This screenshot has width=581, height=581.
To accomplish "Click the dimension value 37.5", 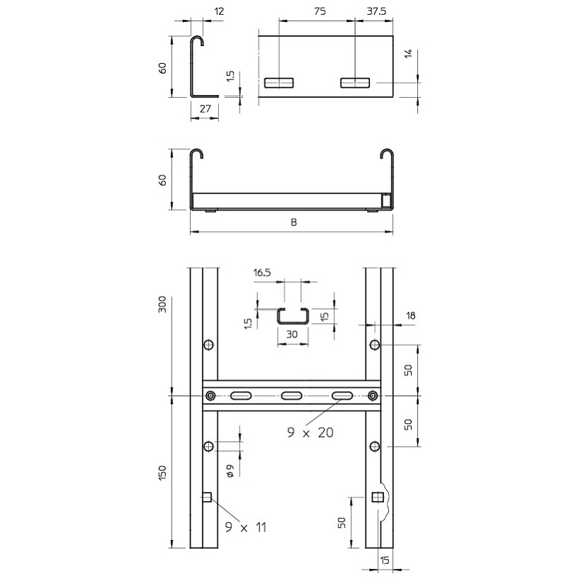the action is (376, 11).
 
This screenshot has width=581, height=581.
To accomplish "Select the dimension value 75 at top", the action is (320, 11).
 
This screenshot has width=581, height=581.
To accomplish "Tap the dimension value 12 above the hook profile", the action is (220, 11).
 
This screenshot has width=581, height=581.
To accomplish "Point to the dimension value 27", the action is (205, 108).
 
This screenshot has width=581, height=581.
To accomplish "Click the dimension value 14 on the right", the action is (408, 54).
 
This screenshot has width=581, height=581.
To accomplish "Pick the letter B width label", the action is (293, 222).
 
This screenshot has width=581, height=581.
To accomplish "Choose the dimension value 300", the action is (162, 305).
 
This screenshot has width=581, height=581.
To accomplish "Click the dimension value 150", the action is (162, 473).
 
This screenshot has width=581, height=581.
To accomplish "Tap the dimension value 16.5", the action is (262, 273).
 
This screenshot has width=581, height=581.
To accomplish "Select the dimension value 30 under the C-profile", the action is (292, 334).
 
